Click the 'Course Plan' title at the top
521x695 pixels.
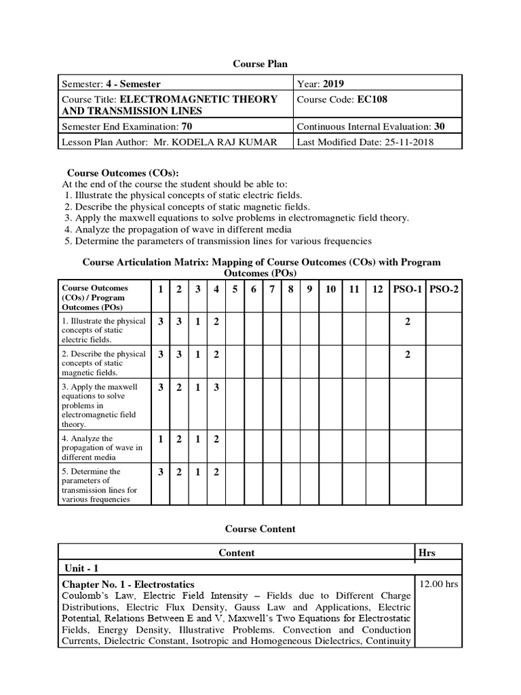pyautogui.click(x=260, y=64)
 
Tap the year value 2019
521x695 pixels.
pyautogui.click(x=333, y=84)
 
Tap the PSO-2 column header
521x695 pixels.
pyautogui.click(x=444, y=290)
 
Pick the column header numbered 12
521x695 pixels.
pyautogui.click(x=378, y=290)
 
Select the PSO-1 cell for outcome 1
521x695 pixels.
pyautogui.click(x=407, y=322)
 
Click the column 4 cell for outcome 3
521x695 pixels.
pyautogui.click(x=216, y=388)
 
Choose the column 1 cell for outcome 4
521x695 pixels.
pyautogui.click(x=161, y=439)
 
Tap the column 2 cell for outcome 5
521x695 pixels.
pyautogui.click(x=179, y=472)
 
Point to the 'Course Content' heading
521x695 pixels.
pyautogui.click(x=260, y=529)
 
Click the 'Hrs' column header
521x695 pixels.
pyautogui.click(x=427, y=552)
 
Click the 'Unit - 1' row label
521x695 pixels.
pyautogui.click(x=82, y=568)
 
